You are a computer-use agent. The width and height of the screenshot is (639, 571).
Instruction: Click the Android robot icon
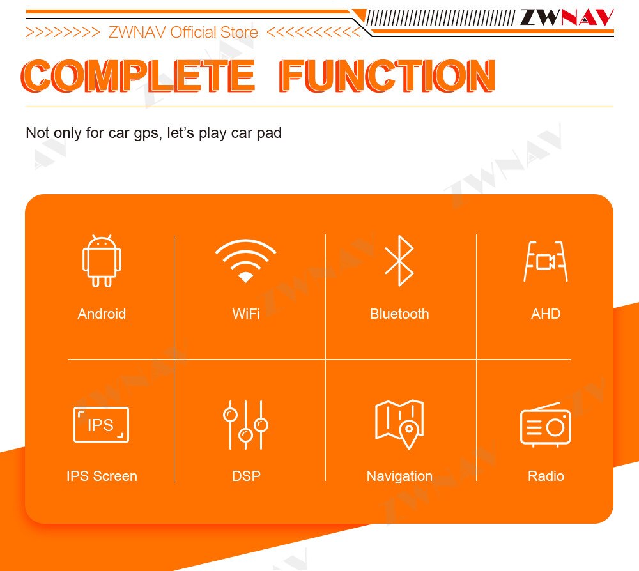102,261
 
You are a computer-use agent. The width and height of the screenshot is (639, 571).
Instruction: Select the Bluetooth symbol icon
399,261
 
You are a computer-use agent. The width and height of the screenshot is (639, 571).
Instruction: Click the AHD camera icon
546,261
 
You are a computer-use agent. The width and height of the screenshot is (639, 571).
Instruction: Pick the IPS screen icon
101,424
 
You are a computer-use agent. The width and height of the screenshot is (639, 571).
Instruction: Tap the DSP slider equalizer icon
245,425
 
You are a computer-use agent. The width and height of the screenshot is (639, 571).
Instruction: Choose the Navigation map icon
399,424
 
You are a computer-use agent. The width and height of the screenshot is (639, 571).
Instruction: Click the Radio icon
546,425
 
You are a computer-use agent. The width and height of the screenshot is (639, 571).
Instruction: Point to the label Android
102,314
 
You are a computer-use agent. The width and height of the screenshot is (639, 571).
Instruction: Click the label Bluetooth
399,314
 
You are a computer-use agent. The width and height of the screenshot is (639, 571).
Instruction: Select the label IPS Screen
102,476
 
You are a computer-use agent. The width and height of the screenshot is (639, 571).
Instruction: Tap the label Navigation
399,476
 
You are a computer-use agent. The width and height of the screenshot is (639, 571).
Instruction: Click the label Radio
546,476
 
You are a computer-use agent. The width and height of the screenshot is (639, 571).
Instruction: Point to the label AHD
546,314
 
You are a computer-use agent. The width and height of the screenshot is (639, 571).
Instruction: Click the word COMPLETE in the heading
138,76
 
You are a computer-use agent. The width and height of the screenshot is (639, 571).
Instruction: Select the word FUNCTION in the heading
387,76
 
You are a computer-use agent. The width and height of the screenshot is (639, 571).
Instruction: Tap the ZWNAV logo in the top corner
567,17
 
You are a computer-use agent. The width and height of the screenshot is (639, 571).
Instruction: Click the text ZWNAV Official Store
183,32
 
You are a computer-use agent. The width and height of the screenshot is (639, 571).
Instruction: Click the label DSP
246,476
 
